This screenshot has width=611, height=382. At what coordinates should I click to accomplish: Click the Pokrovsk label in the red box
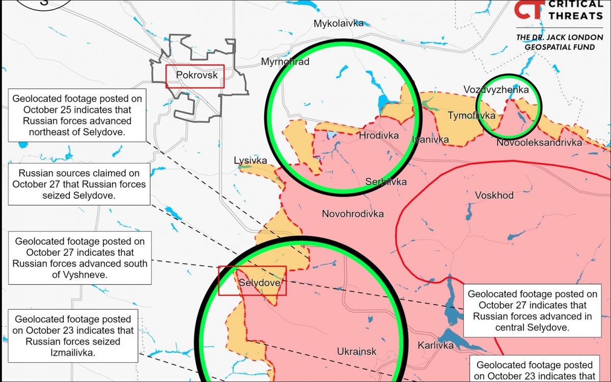tap(197, 75)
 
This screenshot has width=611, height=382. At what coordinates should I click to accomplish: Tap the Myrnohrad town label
tap(285, 62)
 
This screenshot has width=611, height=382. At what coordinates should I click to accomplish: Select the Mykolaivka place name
tap(339, 23)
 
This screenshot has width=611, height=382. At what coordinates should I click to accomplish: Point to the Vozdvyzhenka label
tap(495, 90)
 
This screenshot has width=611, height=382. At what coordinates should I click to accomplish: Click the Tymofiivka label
tap(471, 115)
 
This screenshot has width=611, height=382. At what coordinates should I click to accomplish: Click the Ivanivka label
tap(430, 139)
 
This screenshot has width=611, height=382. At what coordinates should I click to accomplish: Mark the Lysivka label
tap(251, 160)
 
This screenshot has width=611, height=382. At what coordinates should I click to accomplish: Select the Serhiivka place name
tap(386, 182)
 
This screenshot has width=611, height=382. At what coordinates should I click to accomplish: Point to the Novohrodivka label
tap(353, 214)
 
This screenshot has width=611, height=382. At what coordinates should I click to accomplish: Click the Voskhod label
tap(494, 195)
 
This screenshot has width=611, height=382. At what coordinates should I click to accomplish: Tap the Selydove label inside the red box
tap(259, 283)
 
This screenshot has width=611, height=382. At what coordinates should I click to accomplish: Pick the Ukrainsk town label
tap(356, 351)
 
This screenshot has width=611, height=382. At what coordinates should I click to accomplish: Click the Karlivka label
tap(435, 345)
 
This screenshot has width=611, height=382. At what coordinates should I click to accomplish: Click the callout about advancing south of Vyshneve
tap(80, 257)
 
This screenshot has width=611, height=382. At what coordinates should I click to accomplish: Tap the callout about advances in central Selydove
tap(532, 310)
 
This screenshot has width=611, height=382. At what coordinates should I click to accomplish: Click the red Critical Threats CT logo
tap(529, 9)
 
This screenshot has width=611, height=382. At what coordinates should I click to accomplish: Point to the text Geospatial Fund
tap(560, 47)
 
